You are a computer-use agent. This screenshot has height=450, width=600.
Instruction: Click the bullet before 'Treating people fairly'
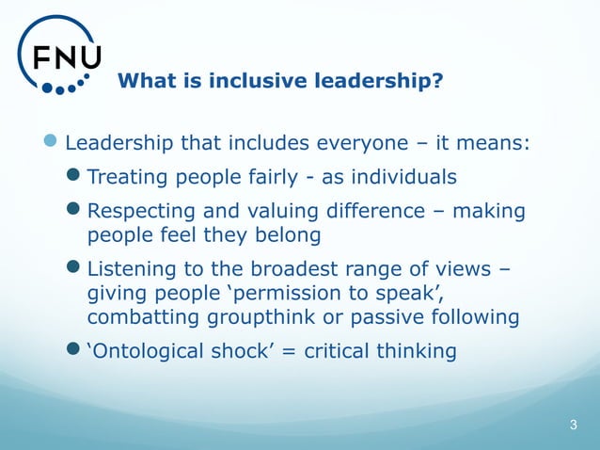[x=75, y=176]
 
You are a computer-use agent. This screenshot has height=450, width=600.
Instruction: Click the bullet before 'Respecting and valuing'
[x=75, y=211]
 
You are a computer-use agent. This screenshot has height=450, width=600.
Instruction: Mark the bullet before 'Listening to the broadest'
[x=75, y=270]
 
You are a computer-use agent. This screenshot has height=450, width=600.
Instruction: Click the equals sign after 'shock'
[x=277, y=352]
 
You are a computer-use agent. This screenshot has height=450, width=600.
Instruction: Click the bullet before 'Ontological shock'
[x=75, y=351]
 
